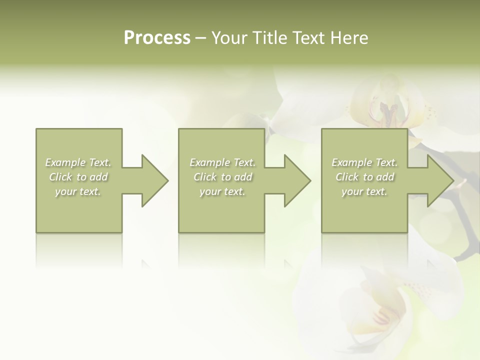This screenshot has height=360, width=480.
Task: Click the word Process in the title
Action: point(157,38)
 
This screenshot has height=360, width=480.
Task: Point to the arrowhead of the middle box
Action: point(296,180)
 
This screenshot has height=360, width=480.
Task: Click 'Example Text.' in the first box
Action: point(78,162)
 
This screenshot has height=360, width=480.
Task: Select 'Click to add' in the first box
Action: point(78,177)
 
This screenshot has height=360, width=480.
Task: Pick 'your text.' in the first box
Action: point(78,191)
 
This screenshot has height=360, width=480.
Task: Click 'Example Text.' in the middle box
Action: point(222,162)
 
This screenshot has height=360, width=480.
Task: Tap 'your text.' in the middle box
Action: point(222,191)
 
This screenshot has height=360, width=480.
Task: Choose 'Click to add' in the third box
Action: point(364,177)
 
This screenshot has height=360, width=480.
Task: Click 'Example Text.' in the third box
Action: point(364,162)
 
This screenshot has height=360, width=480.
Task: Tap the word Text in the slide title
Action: point(307,38)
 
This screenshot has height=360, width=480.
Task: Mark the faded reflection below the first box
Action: point(78,250)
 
